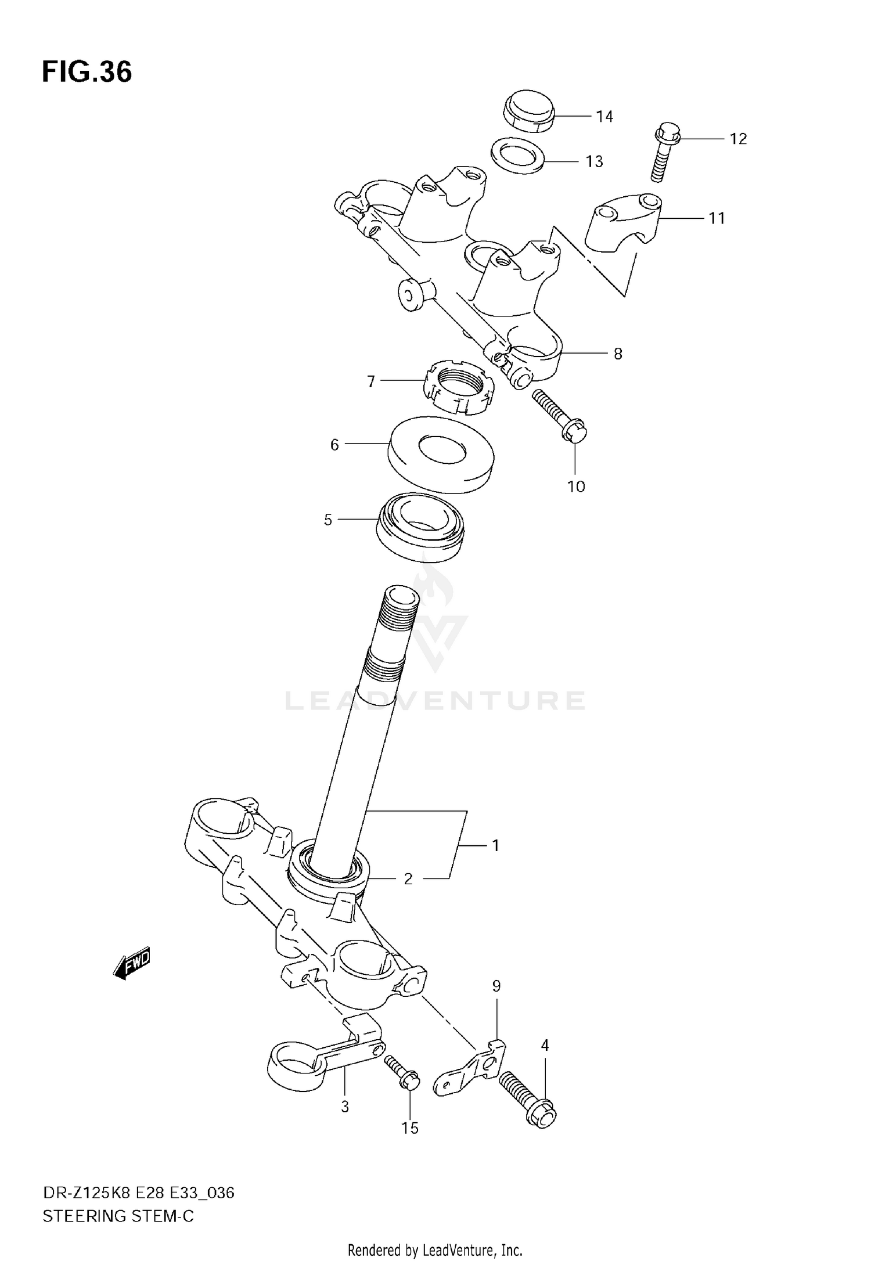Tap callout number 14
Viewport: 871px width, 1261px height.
[x=604, y=117]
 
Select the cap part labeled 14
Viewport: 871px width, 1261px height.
[x=528, y=110]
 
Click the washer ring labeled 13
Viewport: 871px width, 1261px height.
[x=518, y=155]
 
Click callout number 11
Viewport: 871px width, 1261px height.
[x=717, y=219]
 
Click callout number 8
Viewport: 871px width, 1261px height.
[x=618, y=354]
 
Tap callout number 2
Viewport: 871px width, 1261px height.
[x=408, y=879]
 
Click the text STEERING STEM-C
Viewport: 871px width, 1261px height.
[x=118, y=1216]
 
